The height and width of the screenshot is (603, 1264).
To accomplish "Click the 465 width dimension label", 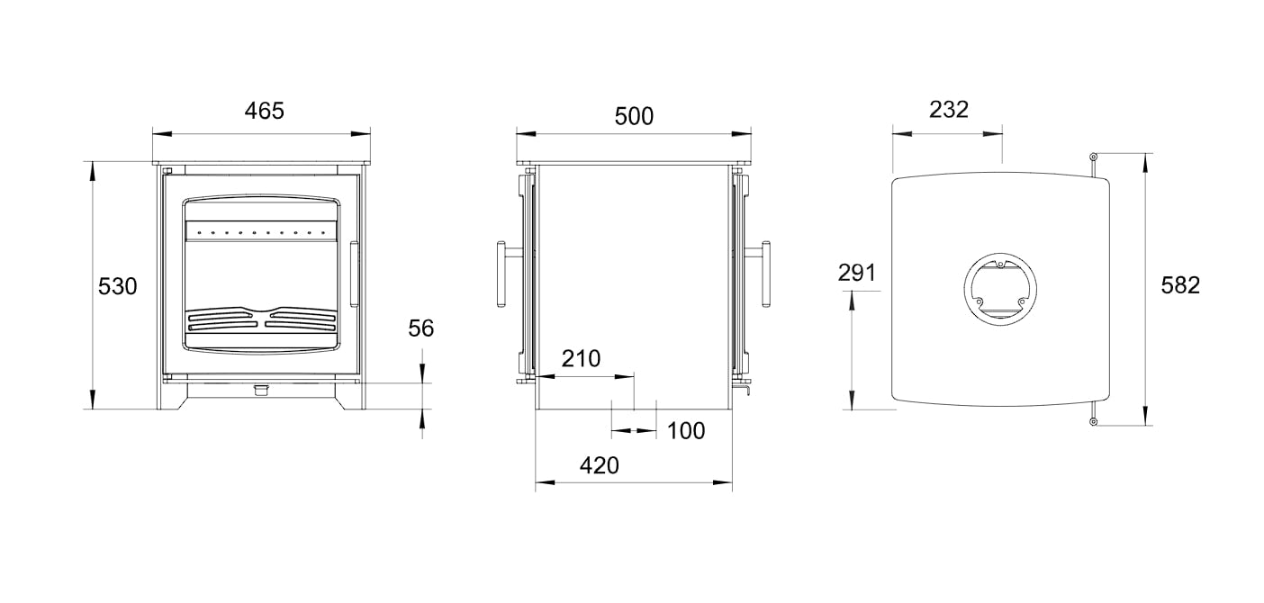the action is (264, 111).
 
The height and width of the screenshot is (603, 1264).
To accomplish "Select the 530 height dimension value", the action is (117, 286).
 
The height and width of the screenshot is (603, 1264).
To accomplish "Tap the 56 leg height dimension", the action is (421, 328).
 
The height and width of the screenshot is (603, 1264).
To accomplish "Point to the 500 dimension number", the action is (634, 116).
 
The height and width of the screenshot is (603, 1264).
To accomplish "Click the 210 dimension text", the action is (581, 359).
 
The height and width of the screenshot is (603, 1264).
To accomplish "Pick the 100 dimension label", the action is (686, 431).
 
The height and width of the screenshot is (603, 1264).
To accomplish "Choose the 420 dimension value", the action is (600, 465).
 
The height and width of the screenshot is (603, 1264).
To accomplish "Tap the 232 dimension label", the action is (949, 110).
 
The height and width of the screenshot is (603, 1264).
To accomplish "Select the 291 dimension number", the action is (856, 273).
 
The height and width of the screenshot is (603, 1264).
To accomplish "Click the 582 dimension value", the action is (1180, 285).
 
